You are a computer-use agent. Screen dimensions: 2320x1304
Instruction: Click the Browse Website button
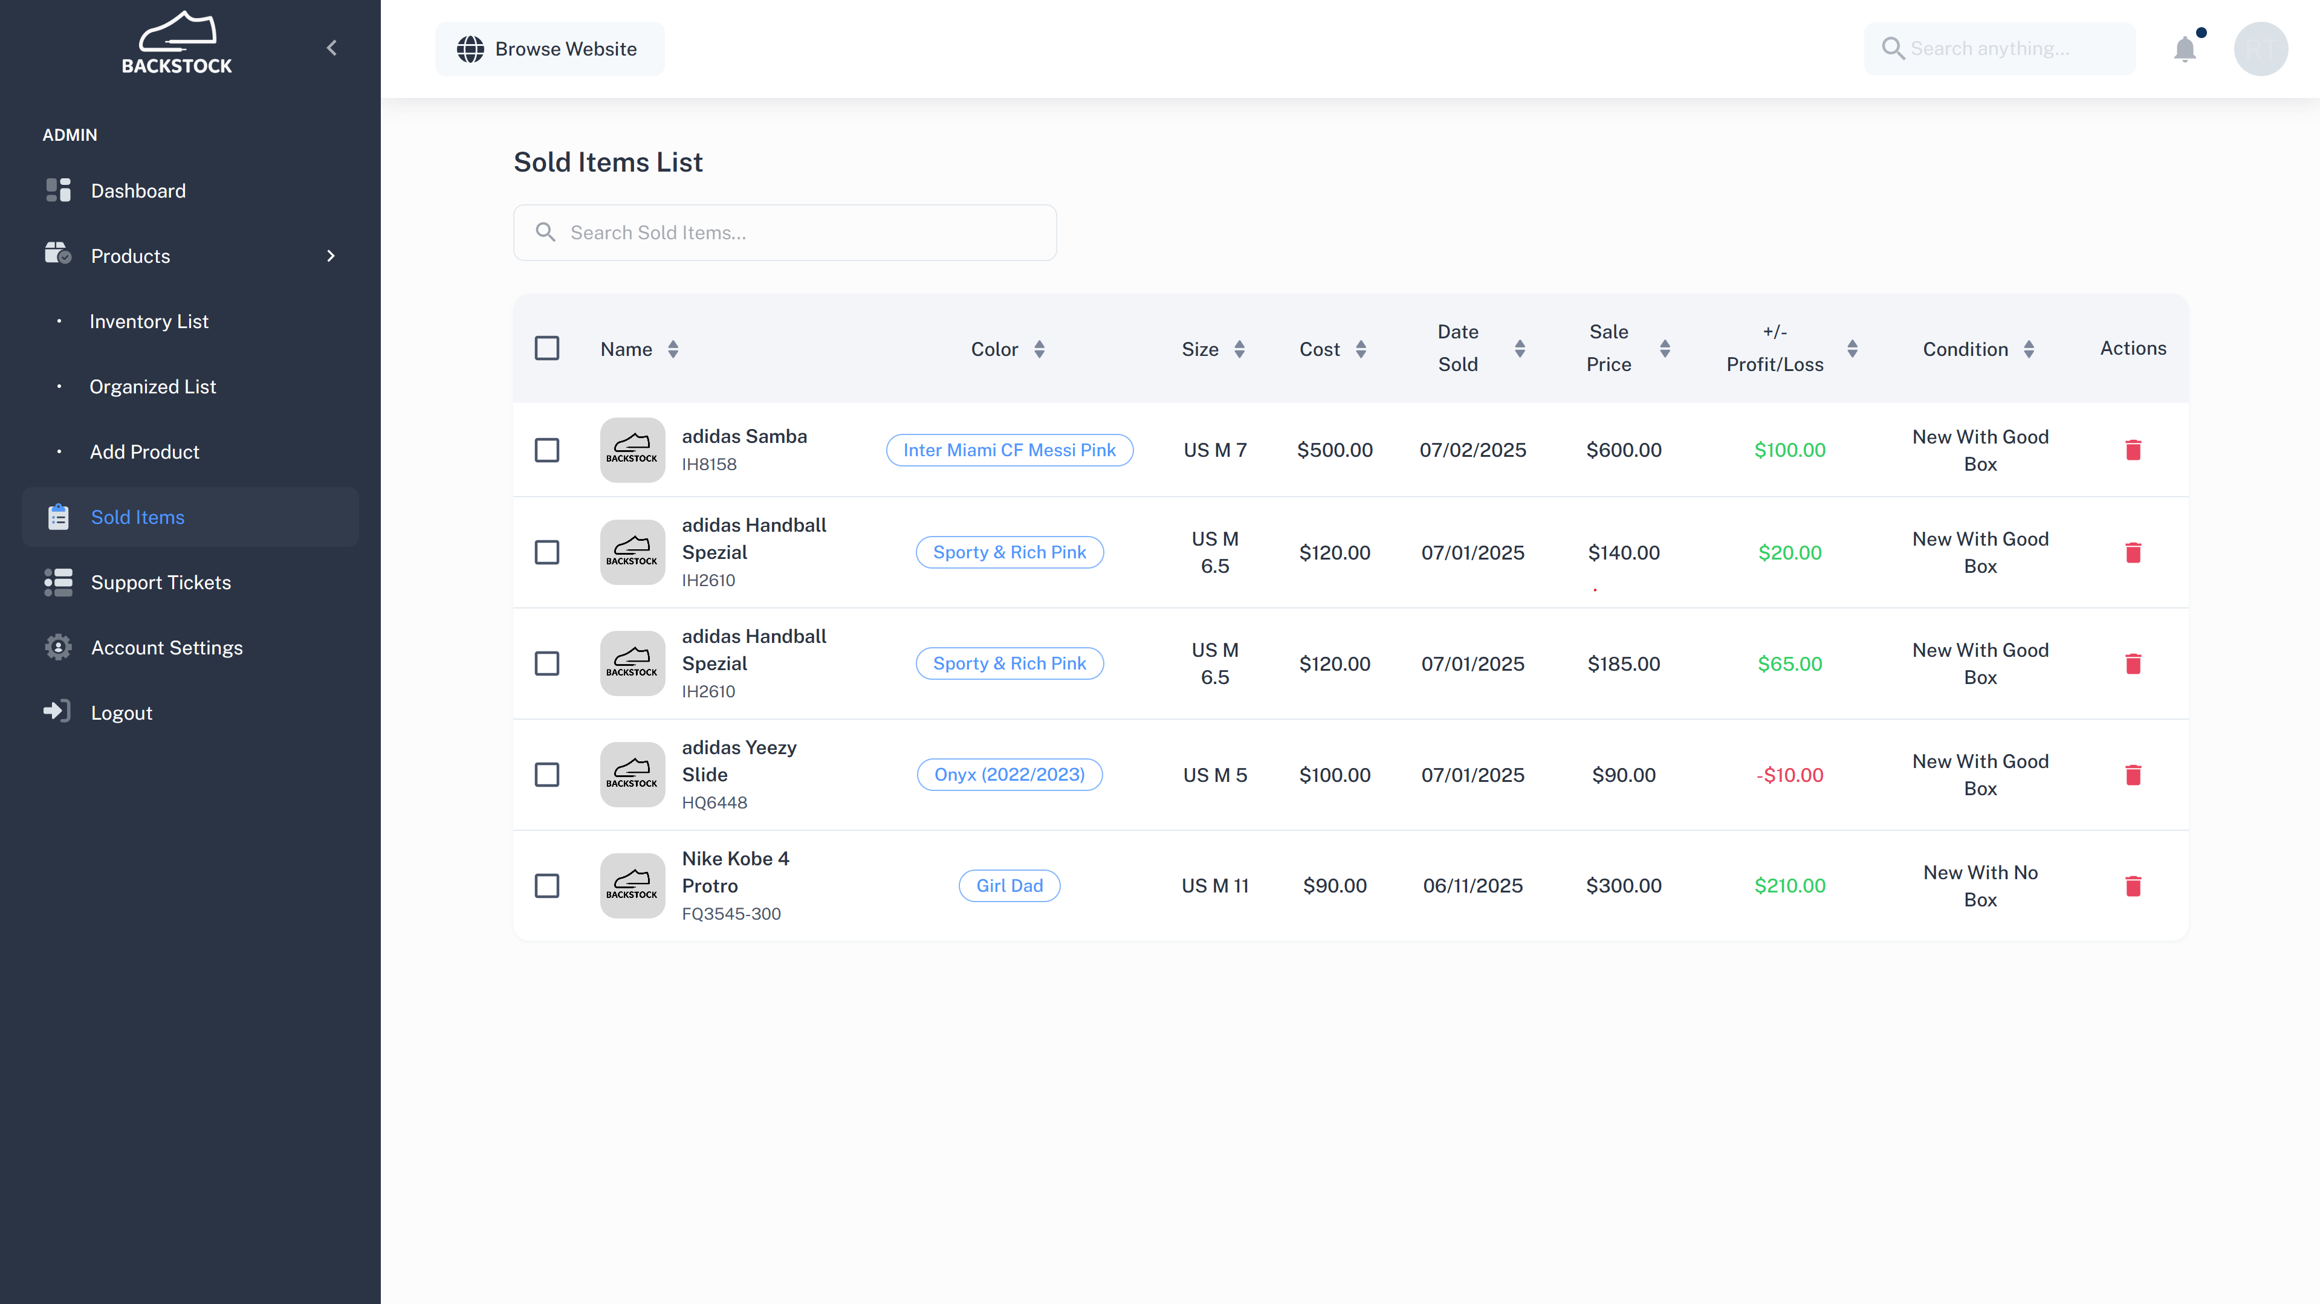pyautogui.click(x=549, y=48)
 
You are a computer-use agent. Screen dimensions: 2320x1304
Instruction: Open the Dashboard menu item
pyautogui.click(x=138, y=191)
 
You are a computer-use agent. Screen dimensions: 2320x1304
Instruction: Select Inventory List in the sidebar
pyautogui.click(x=149, y=321)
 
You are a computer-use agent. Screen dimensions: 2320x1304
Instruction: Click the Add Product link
pyautogui.click(x=144, y=452)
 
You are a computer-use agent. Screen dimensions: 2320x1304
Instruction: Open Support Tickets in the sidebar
pyautogui.click(x=160, y=583)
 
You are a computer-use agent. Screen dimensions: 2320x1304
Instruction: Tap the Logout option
pyautogui.click(x=121, y=713)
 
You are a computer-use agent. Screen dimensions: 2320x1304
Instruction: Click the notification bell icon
pyautogui.click(x=2185, y=48)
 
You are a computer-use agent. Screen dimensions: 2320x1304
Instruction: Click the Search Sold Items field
pyautogui.click(x=785, y=233)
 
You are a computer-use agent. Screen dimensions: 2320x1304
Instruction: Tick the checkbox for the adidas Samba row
pyautogui.click(x=546, y=450)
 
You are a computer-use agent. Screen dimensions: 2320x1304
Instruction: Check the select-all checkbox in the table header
pyautogui.click(x=546, y=347)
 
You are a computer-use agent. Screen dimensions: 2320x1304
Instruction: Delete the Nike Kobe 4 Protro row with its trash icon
pyautogui.click(x=2133, y=886)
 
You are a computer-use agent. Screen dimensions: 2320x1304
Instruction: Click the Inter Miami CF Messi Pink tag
pyautogui.click(x=1009, y=450)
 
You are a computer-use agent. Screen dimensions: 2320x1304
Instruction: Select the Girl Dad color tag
pyautogui.click(x=1009, y=886)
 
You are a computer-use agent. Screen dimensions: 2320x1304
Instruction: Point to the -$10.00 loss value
pyautogui.click(x=1789, y=775)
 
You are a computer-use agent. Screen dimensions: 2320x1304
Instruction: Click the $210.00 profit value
pyautogui.click(x=1789, y=885)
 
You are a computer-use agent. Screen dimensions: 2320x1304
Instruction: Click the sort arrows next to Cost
pyautogui.click(x=1361, y=349)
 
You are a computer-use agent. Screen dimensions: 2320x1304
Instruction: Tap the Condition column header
pyautogui.click(x=1965, y=349)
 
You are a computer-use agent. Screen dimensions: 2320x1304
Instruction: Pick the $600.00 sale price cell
pyautogui.click(x=1624, y=450)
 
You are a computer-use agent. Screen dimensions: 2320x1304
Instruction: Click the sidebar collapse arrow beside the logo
pyautogui.click(x=331, y=48)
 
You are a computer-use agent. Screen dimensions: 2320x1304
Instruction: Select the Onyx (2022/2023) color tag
pyautogui.click(x=1009, y=775)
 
